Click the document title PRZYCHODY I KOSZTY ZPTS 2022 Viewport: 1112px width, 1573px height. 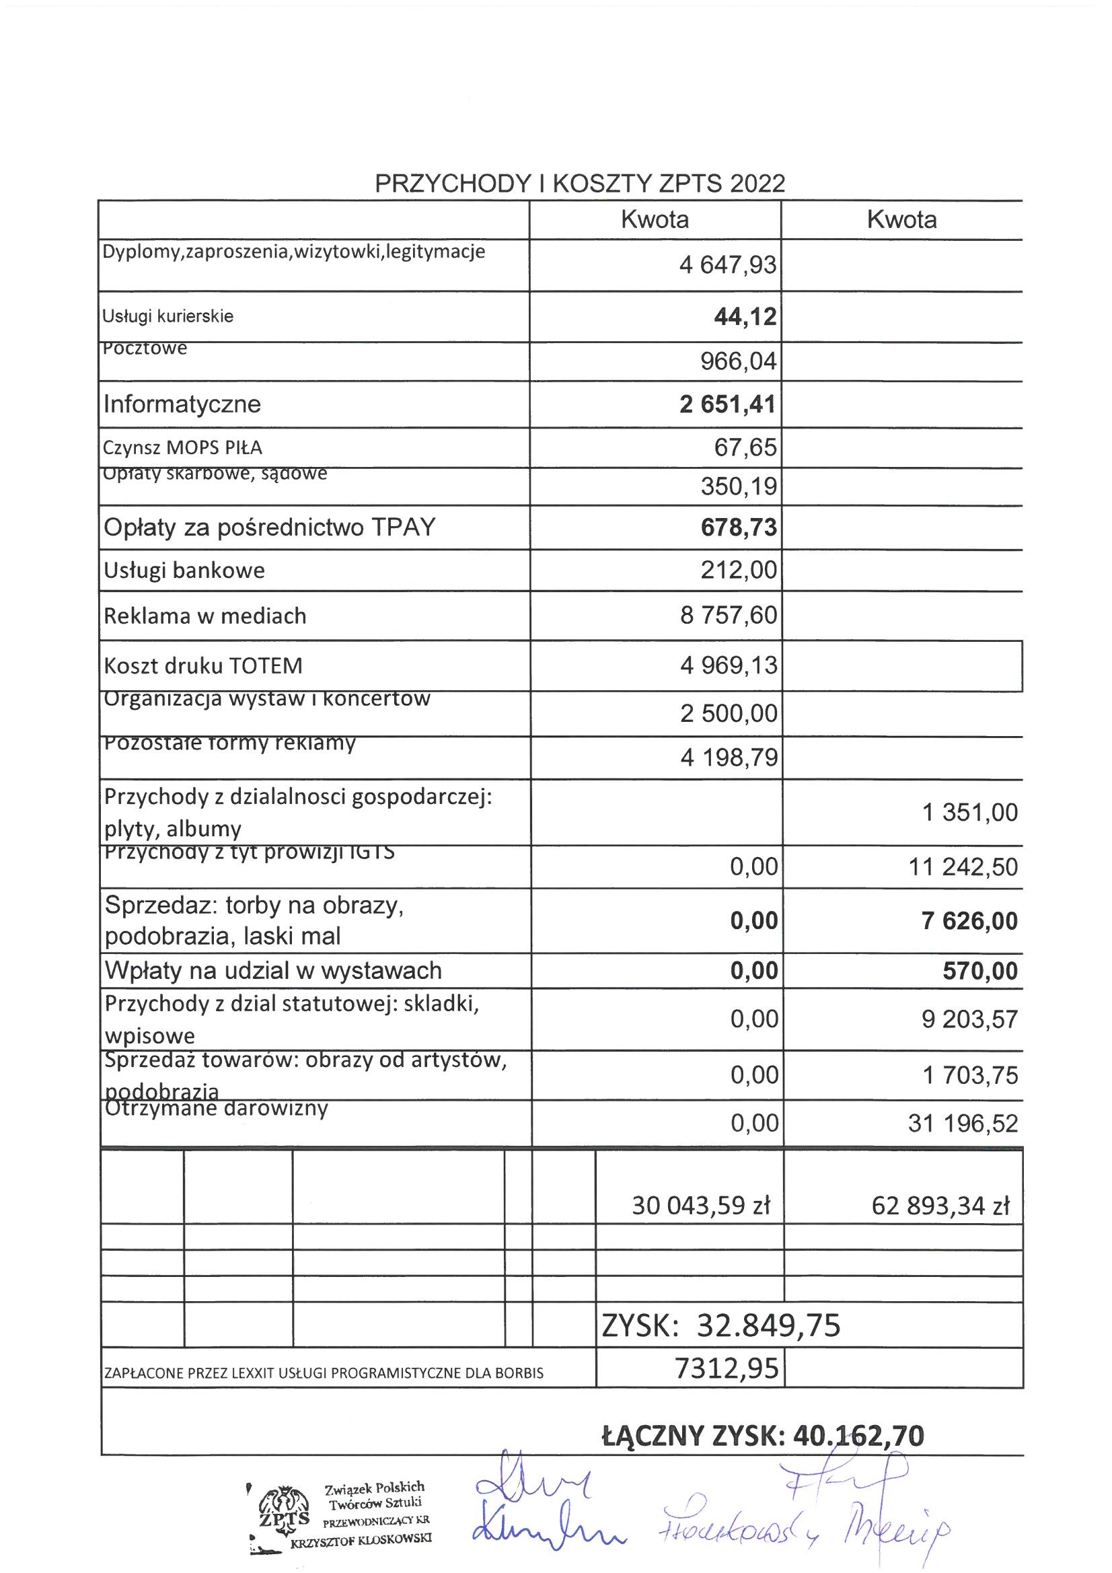pyautogui.click(x=580, y=184)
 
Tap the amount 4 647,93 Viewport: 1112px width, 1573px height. pyautogui.click(x=728, y=265)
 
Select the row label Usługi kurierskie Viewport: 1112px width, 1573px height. pyautogui.click(x=168, y=316)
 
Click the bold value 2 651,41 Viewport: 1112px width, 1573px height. pyautogui.click(x=728, y=404)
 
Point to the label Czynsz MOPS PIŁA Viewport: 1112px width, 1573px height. pyautogui.click(x=182, y=448)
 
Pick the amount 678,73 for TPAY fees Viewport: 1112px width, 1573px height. pyautogui.click(x=739, y=527)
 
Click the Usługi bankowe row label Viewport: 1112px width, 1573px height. pyautogui.click(x=184, y=570)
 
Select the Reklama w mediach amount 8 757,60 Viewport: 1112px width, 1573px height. pyautogui.click(x=729, y=615)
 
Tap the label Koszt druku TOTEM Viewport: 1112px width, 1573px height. pyautogui.click(x=202, y=665)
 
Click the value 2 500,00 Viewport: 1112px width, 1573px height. pyautogui.click(x=729, y=713)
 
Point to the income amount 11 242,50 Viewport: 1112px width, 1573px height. pyautogui.click(x=963, y=867)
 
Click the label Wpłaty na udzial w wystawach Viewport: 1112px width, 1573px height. pyautogui.click(x=272, y=970)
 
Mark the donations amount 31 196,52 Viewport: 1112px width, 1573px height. pyautogui.click(x=963, y=1124)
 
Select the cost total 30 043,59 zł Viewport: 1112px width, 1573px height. pyautogui.click(x=701, y=1205)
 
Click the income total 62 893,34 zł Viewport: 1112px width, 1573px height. pyautogui.click(x=940, y=1205)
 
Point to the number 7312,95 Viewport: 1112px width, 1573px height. pyautogui.click(x=727, y=1368)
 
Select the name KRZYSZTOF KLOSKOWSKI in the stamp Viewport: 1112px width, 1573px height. pyautogui.click(x=361, y=1538)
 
